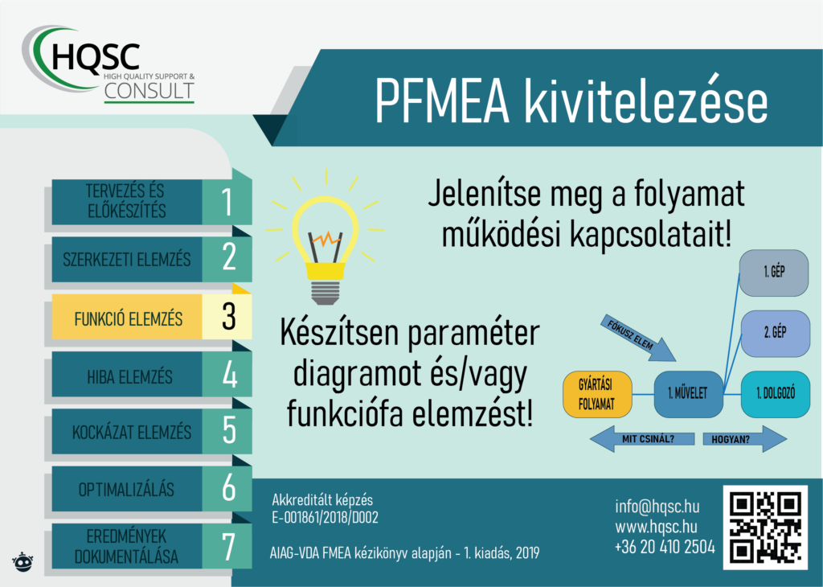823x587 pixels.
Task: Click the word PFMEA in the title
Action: click(442, 101)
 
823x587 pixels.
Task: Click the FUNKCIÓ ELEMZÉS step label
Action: click(128, 318)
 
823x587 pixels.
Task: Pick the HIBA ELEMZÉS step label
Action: click(129, 376)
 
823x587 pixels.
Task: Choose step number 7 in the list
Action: click(228, 547)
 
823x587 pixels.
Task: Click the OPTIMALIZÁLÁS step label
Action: click(126, 490)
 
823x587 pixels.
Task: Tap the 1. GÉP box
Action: click(774, 273)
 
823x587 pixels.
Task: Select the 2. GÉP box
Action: click(775, 334)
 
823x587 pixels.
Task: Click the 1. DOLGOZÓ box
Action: click(776, 394)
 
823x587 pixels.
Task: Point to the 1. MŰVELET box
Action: click(688, 394)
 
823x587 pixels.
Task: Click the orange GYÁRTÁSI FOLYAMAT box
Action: click(597, 394)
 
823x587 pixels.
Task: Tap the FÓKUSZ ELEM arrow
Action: click(637, 338)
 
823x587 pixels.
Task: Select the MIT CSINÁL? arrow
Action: click(642, 439)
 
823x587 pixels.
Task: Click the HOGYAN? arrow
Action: click(745, 439)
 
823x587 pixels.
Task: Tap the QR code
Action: click(765, 527)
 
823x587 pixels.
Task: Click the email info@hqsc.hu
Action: click(657, 506)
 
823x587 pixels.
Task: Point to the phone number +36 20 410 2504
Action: click(665, 547)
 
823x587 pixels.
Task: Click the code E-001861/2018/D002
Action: click(325, 518)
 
